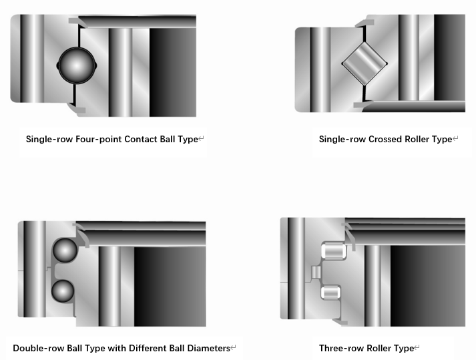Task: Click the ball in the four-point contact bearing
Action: pos(77,65)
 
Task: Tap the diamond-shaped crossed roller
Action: pos(365,63)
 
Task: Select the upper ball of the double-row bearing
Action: pos(65,250)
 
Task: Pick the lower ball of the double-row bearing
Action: pos(63,291)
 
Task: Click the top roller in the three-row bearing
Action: pos(333,250)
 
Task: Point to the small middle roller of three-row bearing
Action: pos(316,272)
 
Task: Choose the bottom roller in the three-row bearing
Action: pos(330,293)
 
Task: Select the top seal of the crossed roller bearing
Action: pos(365,23)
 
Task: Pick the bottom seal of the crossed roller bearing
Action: pos(363,105)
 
